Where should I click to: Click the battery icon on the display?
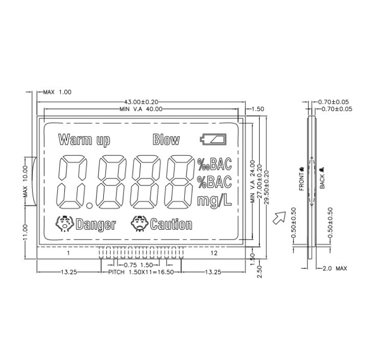coord(213,139)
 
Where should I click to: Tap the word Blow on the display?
coord(166,140)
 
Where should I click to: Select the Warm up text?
coord(84,140)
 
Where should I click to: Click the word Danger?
coord(96,224)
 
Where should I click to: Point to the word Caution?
coord(171,224)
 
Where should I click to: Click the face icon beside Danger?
coord(65,223)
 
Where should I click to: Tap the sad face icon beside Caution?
coord(140,223)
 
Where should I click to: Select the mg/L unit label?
coord(214,201)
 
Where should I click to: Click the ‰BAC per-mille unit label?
coord(214,164)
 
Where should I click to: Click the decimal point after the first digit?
coord(89,205)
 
